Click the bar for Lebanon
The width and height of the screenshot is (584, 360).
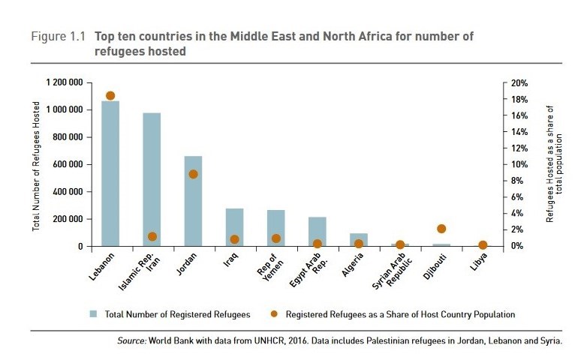pyautogui.click(x=110, y=173)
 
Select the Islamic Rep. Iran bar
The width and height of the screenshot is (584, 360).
pyautogui.click(x=152, y=180)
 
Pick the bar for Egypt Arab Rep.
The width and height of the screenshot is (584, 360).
pyautogui.click(x=317, y=232)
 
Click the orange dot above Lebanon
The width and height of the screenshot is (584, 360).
pyautogui.click(x=110, y=96)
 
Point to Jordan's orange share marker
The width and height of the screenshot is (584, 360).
pyautogui.click(x=193, y=174)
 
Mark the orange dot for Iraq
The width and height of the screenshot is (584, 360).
pyautogui.click(x=234, y=239)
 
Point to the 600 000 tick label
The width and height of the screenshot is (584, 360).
pyautogui.click(x=70, y=164)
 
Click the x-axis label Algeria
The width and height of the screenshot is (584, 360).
pyautogui.click(x=353, y=267)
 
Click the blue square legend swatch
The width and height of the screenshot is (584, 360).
pyautogui.click(x=94, y=314)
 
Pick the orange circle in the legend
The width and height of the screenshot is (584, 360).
pyautogui.click(x=275, y=314)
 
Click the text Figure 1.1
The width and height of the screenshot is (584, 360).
pyautogui.click(x=56, y=36)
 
